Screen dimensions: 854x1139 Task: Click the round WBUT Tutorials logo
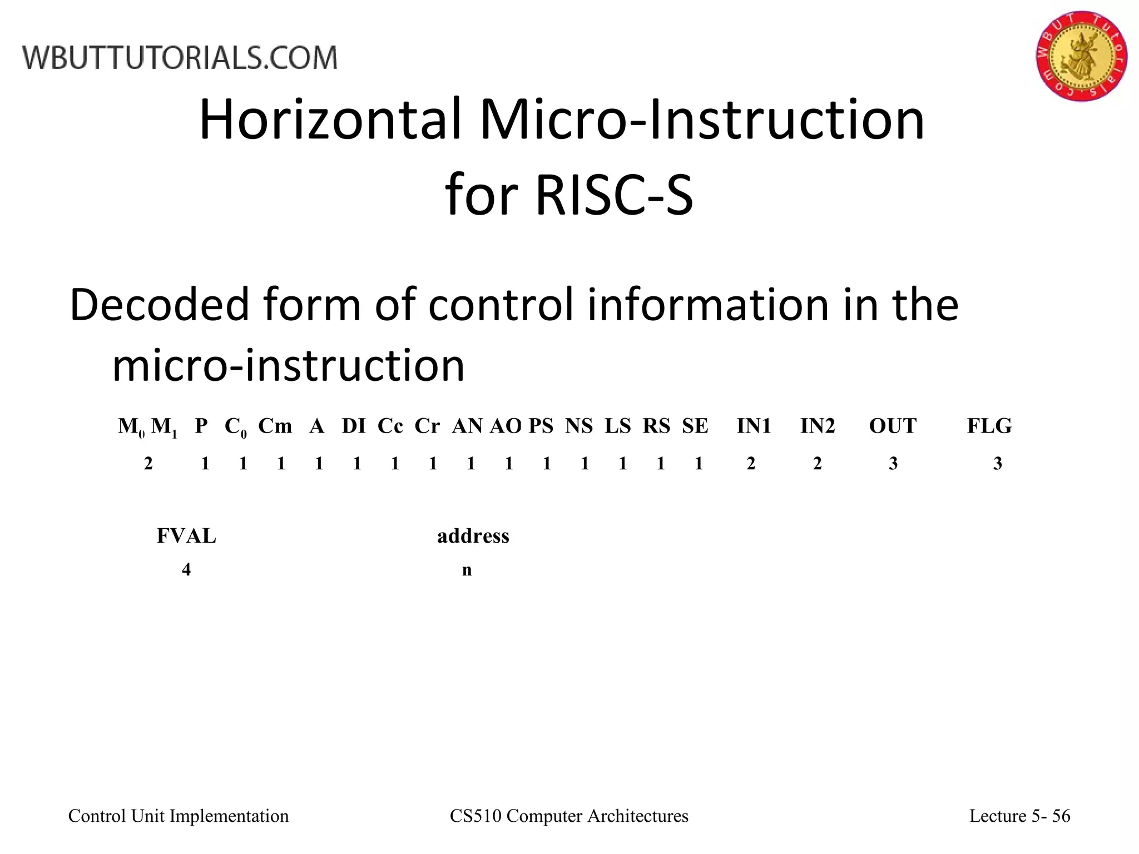click(1081, 56)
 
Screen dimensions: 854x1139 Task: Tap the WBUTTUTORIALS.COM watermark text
click(180, 58)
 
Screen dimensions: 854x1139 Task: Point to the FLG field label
click(989, 426)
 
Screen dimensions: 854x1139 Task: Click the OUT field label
click(893, 426)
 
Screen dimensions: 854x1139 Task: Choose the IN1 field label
click(754, 426)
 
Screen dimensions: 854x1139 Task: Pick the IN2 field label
click(818, 426)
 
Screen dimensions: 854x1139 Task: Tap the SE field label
click(695, 426)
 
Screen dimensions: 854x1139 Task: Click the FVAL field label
click(186, 536)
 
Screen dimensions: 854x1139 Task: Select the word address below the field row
click(473, 536)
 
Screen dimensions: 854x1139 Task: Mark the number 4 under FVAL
click(186, 569)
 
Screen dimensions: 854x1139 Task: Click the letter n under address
click(467, 570)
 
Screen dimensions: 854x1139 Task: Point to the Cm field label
click(275, 426)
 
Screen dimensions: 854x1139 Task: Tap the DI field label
click(354, 426)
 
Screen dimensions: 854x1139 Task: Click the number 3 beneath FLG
click(998, 464)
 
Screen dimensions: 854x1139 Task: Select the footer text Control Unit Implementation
click(179, 816)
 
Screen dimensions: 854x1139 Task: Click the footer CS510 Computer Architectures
click(569, 816)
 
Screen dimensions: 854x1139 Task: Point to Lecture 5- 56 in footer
click(1019, 816)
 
